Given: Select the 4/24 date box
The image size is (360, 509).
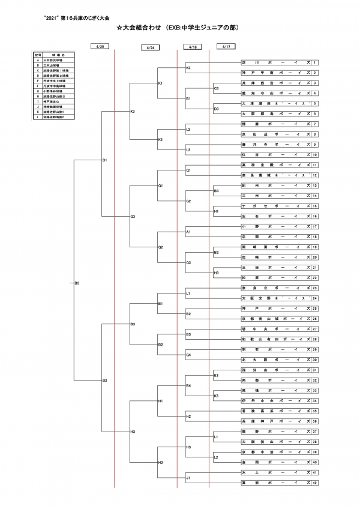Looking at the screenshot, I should point(151,47).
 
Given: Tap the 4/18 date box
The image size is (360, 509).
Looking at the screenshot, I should point(193,46).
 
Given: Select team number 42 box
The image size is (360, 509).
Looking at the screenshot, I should point(314,483).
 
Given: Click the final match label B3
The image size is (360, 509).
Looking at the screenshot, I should point(77,283).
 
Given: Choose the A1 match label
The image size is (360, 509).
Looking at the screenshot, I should point(188,232).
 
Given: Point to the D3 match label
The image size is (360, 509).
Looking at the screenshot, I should point(216,108).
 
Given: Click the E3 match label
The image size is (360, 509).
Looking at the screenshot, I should point(216,375).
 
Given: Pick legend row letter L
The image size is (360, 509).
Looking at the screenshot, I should point(38,116).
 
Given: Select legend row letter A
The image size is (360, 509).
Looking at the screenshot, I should point(38,60).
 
